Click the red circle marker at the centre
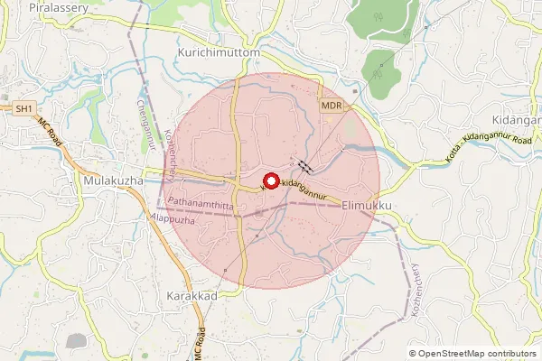(x=271, y=180)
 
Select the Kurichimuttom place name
(x=219, y=54)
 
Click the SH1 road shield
(x=24, y=108)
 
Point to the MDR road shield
(x=331, y=106)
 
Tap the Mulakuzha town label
(x=113, y=180)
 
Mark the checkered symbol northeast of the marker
(x=304, y=166)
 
